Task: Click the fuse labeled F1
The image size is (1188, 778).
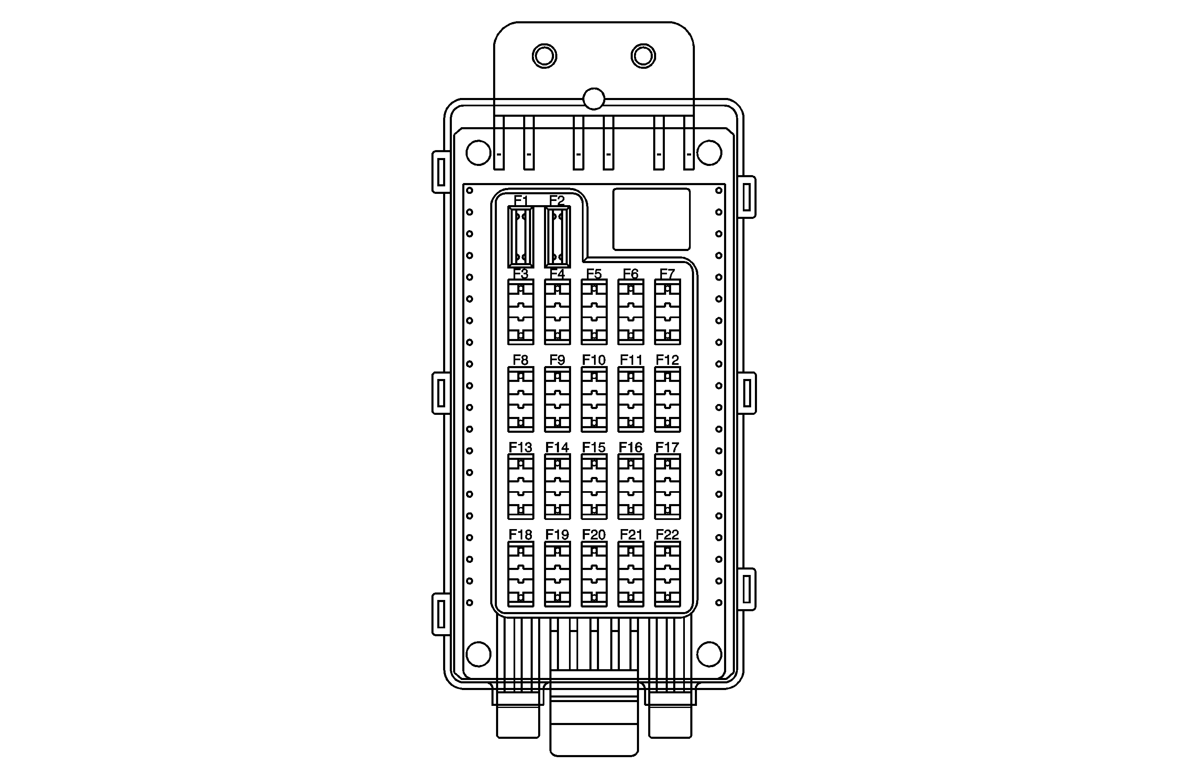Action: [x=521, y=237]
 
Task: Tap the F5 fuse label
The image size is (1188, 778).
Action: [x=594, y=274]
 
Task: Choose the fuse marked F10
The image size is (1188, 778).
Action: [x=594, y=399]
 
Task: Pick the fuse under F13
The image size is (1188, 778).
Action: [x=521, y=487]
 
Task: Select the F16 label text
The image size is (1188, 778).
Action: [x=630, y=447]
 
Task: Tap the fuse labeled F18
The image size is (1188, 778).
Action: [x=521, y=574]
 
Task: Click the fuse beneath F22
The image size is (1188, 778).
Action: [x=667, y=574]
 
